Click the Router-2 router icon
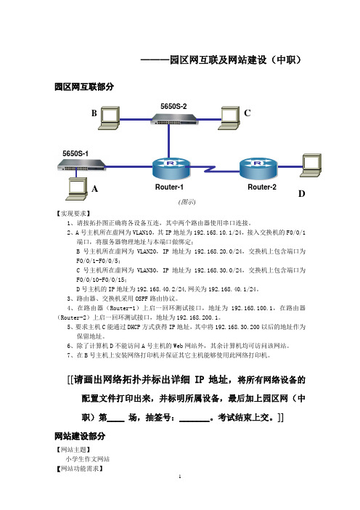[258, 169]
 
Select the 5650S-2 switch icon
[173, 119]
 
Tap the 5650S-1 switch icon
[81, 165]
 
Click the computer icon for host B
[109, 118]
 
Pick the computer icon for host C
[229, 118]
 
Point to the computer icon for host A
[76, 189]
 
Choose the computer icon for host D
[311, 165]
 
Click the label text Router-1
[169, 187]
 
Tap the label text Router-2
[262, 187]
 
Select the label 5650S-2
[173, 106]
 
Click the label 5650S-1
[75, 153]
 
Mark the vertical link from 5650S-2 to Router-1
[168, 141]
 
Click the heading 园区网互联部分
[84, 87]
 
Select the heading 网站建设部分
[80, 436]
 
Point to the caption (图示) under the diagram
[187, 202]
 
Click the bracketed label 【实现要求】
[73, 214]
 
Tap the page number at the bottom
[180, 477]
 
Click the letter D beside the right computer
[302, 194]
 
